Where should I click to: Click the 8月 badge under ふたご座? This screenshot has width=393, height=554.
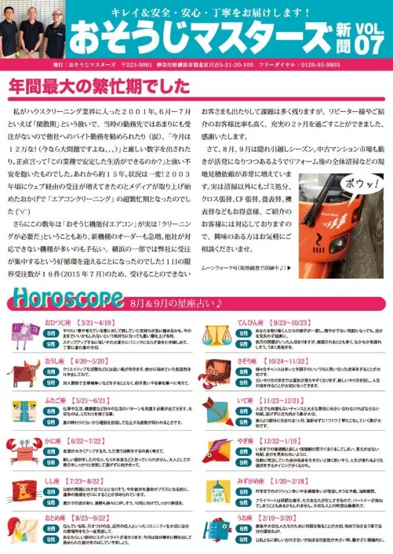point(51,410)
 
